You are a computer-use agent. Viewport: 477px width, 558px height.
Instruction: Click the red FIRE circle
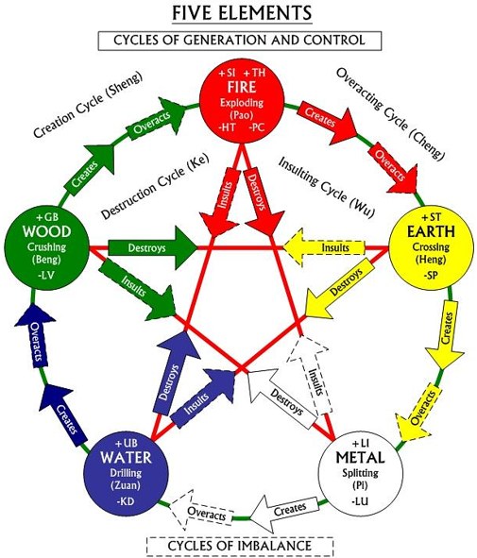(242, 101)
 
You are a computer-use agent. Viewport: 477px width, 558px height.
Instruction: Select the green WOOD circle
(46, 246)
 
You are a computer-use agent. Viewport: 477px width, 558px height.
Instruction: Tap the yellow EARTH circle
(431, 246)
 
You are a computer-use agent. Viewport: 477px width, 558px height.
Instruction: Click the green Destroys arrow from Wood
(152, 247)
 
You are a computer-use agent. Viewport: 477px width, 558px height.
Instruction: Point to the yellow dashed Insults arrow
(324, 247)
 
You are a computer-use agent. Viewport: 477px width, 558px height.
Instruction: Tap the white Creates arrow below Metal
(283, 514)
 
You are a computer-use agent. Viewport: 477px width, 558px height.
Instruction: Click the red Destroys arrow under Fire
(263, 201)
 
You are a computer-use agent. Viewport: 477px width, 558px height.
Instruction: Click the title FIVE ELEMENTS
(242, 13)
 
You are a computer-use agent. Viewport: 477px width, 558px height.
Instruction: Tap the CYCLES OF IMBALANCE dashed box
(240, 546)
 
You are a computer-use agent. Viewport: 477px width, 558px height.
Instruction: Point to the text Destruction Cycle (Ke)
(155, 186)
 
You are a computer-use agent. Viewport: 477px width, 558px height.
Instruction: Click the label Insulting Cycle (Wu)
(327, 187)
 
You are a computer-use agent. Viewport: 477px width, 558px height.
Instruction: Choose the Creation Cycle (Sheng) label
(88, 104)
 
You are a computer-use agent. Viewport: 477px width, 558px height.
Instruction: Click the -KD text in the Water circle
(126, 501)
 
